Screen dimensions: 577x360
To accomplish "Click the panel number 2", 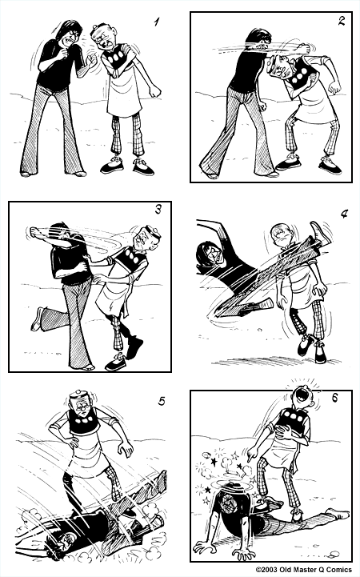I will [x=340, y=21].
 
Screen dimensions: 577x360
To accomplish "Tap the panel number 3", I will [x=158, y=211].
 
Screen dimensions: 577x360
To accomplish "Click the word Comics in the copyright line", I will [x=336, y=570].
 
